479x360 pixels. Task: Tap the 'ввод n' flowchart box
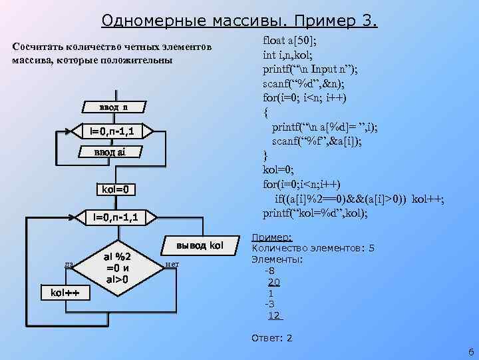pyautogui.click(x=114, y=107)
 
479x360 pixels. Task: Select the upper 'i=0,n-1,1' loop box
pyautogui.click(x=112, y=131)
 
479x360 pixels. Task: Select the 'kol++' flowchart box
pyautogui.click(x=57, y=293)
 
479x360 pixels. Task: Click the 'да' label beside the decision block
pyautogui.click(x=69, y=265)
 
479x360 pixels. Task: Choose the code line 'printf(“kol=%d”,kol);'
pyautogui.click(x=315, y=213)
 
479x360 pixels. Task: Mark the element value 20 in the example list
pyautogui.click(x=273, y=282)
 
